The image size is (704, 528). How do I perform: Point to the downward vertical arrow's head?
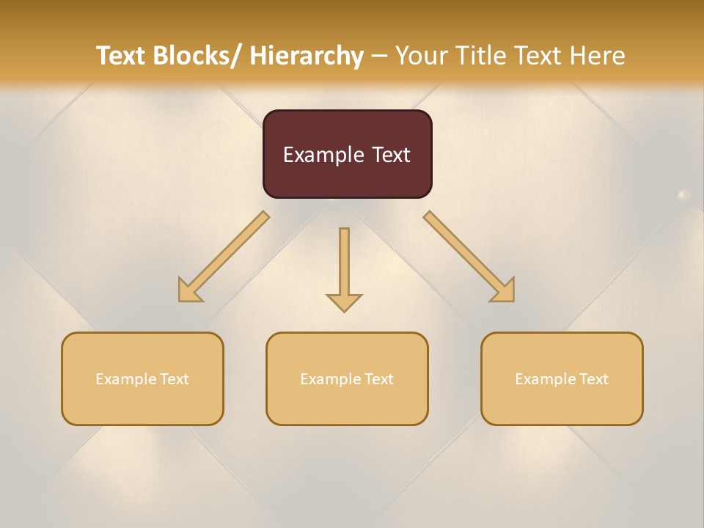(344, 302)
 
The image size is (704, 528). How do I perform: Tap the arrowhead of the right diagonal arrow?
(505, 292)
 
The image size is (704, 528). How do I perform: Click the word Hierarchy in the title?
(306, 56)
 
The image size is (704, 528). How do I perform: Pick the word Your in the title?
(421, 56)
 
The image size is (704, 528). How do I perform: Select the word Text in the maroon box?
(390, 155)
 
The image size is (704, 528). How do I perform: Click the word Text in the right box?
(593, 379)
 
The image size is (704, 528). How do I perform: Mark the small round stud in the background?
(683, 195)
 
